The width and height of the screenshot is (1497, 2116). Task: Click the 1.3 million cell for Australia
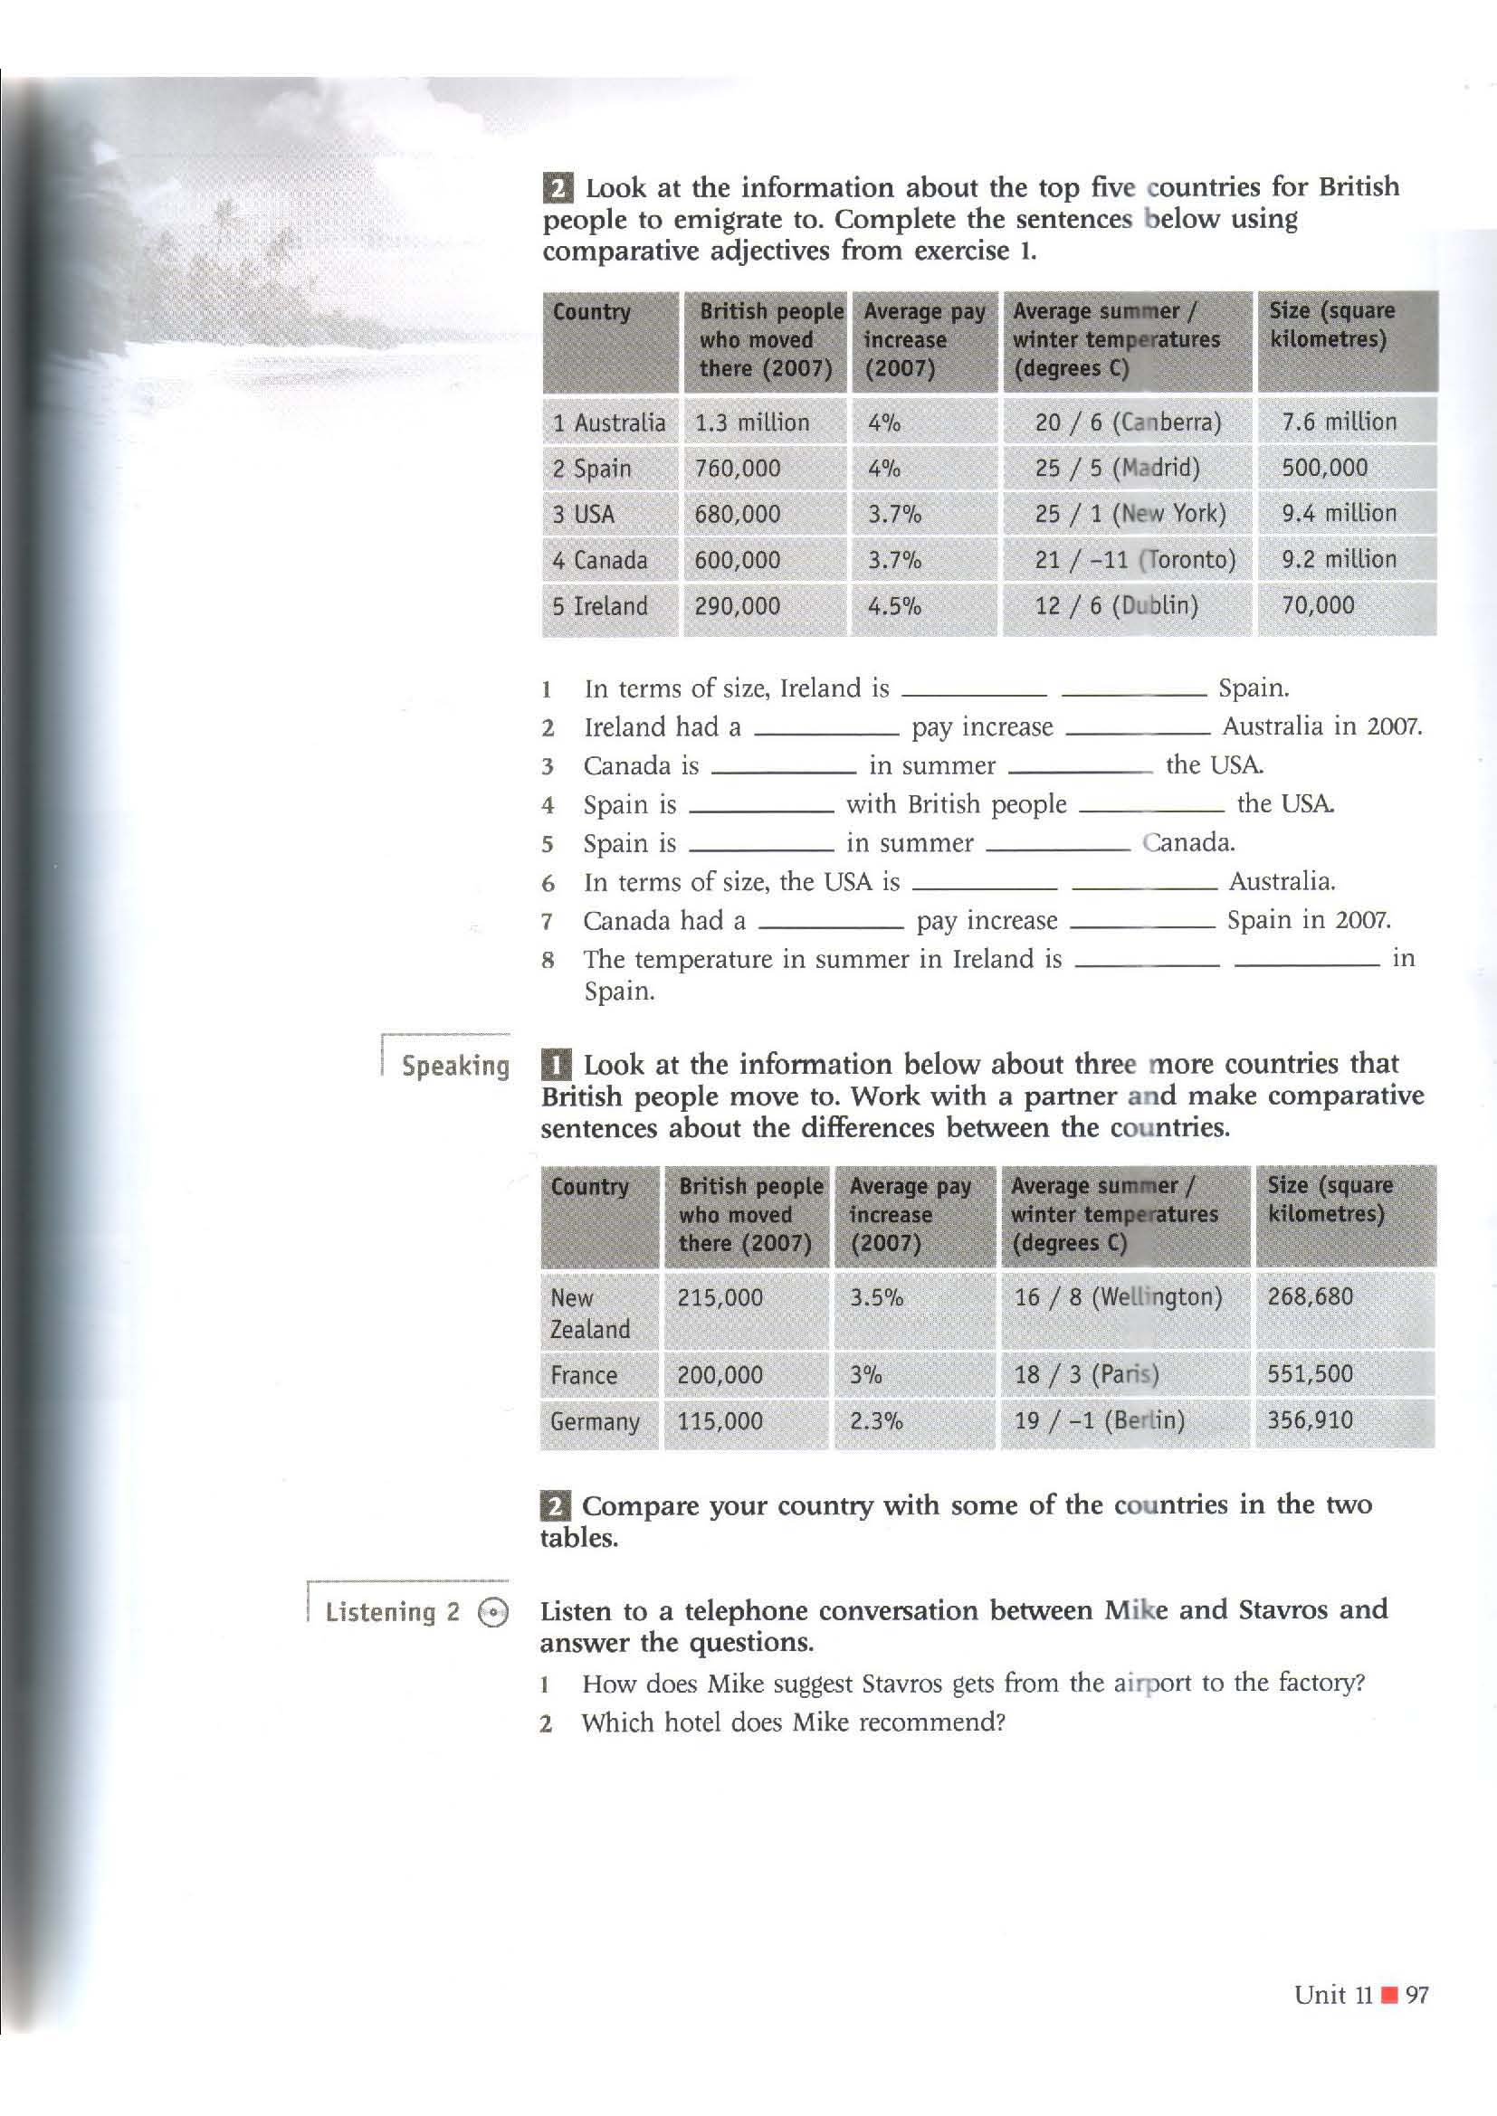pyautogui.click(x=751, y=422)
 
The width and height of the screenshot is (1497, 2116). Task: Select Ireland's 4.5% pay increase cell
pyautogui.click(x=894, y=606)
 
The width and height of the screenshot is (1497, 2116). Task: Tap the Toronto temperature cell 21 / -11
pyautogui.click(x=1135, y=559)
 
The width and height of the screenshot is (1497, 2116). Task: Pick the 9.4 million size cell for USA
pyautogui.click(x=1339, y=513)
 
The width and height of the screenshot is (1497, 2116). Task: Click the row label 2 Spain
pyautogui.click(x=592, y=469)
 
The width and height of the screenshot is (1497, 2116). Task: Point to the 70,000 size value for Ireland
pyautogui.click(x=1317, y=605)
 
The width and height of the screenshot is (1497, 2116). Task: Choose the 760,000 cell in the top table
pyautogui.click(x=737, y=469)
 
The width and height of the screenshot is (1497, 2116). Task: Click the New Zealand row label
pyautogui.click(x=589, y=1313)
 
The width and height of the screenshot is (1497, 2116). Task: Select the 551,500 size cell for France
pyautogui.click(x=1309, y=1373)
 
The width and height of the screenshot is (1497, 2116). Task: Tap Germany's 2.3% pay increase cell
pyautogui.click(x=876, y=1420)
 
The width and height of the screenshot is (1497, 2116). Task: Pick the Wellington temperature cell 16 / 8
pyautogui.click(x=1117, y=1296)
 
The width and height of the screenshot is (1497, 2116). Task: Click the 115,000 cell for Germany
pyautogui.click(x=719, y=1420)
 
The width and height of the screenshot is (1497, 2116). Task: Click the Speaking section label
pyautogui.click(x=455, y=1067)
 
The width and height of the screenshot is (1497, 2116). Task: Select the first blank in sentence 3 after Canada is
pyautogui.click(x=784, y=770)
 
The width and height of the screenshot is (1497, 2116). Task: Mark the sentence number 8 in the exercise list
pyautogui.click(x=548, y=961)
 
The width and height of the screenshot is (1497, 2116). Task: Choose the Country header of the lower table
pyautogui.click(x=589, y=1186)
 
